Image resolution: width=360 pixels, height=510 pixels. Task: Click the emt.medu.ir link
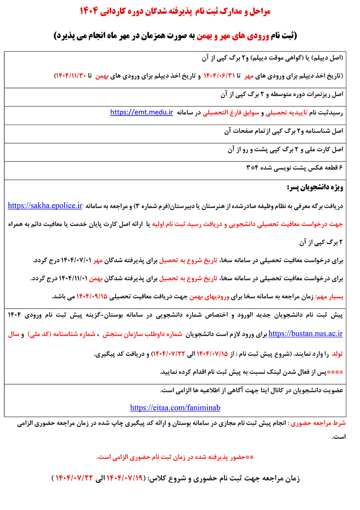click(142, 113)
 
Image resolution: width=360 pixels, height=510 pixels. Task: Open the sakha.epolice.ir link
click(45, 206)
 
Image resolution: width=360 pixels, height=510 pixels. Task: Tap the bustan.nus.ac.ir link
click(306, 334)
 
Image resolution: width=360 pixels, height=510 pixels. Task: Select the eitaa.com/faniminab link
click(175, 408)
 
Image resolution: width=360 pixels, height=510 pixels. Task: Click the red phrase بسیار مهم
click(330, 296)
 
